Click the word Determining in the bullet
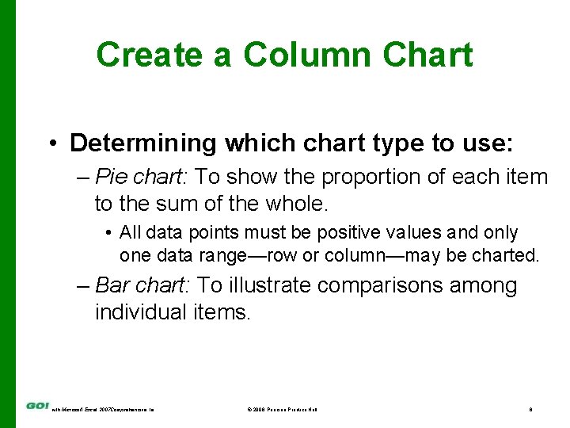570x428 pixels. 142,143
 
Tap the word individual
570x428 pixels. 140,312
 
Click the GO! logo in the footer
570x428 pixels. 36,407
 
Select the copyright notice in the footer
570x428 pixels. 282,409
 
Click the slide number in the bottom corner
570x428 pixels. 530,409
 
